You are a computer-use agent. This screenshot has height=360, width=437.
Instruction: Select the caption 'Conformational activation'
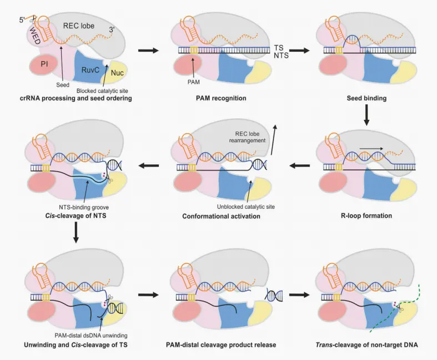(x=221, y=216)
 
